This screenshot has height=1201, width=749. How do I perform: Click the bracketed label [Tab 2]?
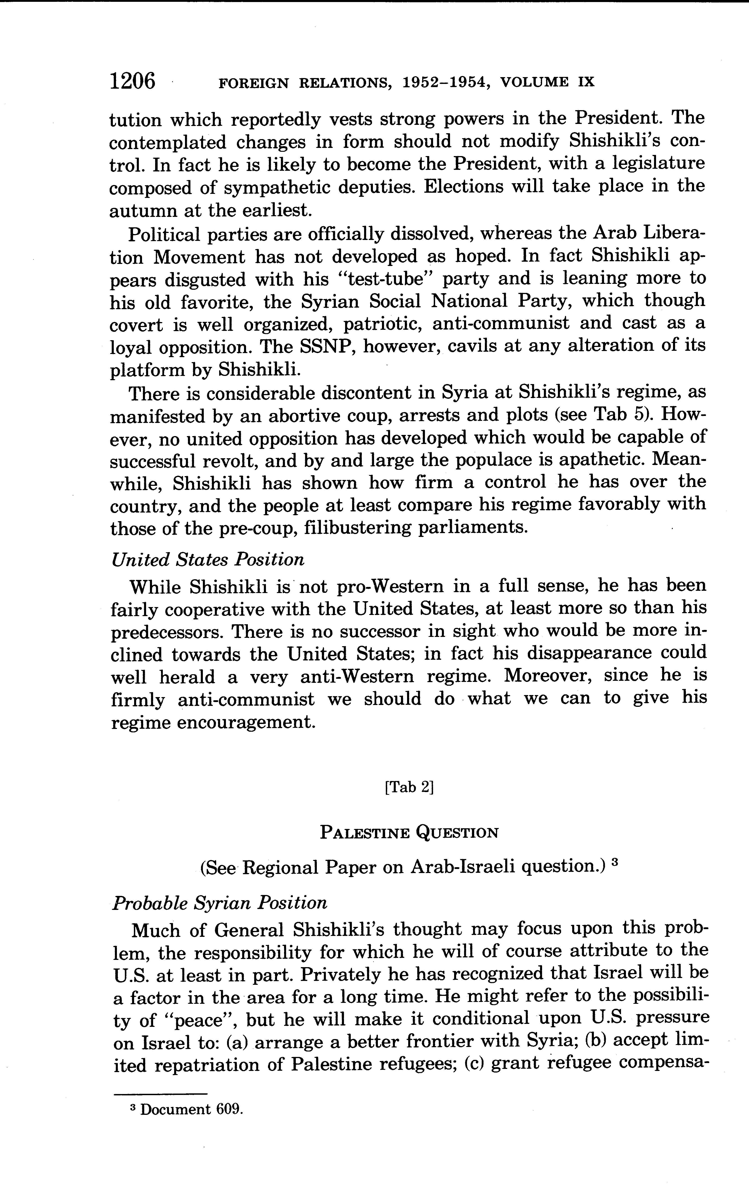pos(409,787)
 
